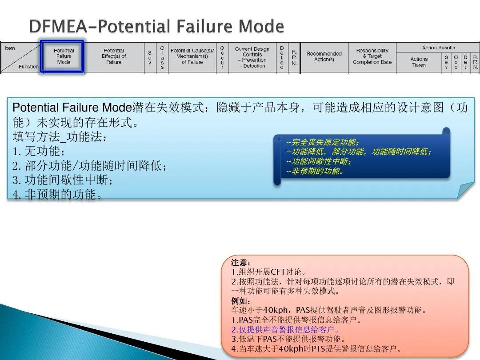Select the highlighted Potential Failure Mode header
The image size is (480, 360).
click(64, 56)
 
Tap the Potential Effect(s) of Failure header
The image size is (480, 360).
click(114, 56)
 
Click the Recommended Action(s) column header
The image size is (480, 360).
click(324, 56)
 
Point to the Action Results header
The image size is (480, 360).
click(438, 48)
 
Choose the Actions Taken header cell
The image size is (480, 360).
click(419, 62)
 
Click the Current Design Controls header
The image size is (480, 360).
click(252, 57)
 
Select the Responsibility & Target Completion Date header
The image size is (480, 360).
click(372, 56)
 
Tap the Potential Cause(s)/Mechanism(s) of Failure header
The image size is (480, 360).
click(192, 56)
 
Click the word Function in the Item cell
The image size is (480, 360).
click(29, 67)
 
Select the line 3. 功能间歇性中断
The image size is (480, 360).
click(63, 180)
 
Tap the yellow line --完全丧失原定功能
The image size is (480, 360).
click(323, 142)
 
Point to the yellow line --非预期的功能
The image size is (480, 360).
click(315, 171)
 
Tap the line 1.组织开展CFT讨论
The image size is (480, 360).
click(269, 272)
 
